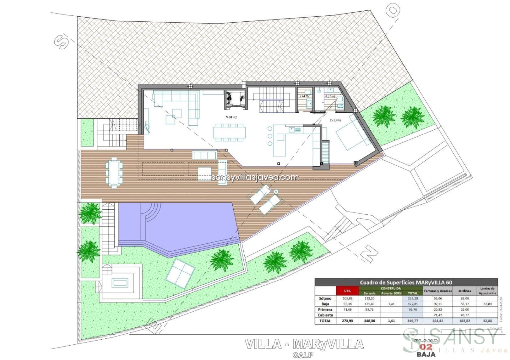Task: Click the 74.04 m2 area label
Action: (x=231, y=117)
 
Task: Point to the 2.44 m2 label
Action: (x=304, y=96)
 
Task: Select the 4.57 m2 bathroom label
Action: (x=330, y=96)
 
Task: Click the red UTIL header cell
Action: (x=348, y=291)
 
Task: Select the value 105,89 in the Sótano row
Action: (x=348, y=298)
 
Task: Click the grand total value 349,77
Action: (x=413, y=321)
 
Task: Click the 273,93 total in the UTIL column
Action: (x=348, y=321)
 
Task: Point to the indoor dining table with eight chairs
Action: (x=230, y=132)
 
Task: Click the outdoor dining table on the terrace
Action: (x=114, y=173)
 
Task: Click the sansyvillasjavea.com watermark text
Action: (x=255, y=177)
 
